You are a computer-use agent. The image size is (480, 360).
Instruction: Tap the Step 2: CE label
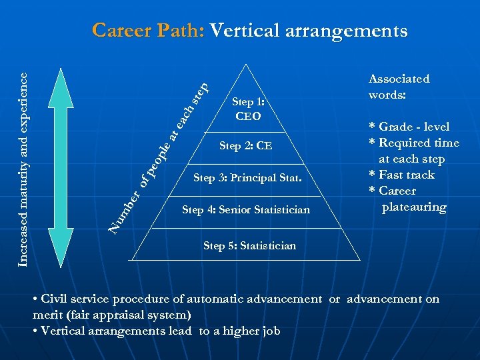pos(246,146)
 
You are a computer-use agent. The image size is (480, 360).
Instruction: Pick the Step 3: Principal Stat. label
pos(247,178)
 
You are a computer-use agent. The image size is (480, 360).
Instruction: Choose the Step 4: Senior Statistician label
pos(246,210)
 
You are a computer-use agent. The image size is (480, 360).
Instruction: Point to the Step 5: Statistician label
pos(249,246)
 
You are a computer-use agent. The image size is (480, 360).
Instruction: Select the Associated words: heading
pos(399,87)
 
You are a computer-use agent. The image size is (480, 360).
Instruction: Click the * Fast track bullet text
pos(402,175)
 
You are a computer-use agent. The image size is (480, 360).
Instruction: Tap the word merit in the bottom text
pos(47,315)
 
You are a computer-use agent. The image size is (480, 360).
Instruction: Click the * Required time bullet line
pos(414,143)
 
